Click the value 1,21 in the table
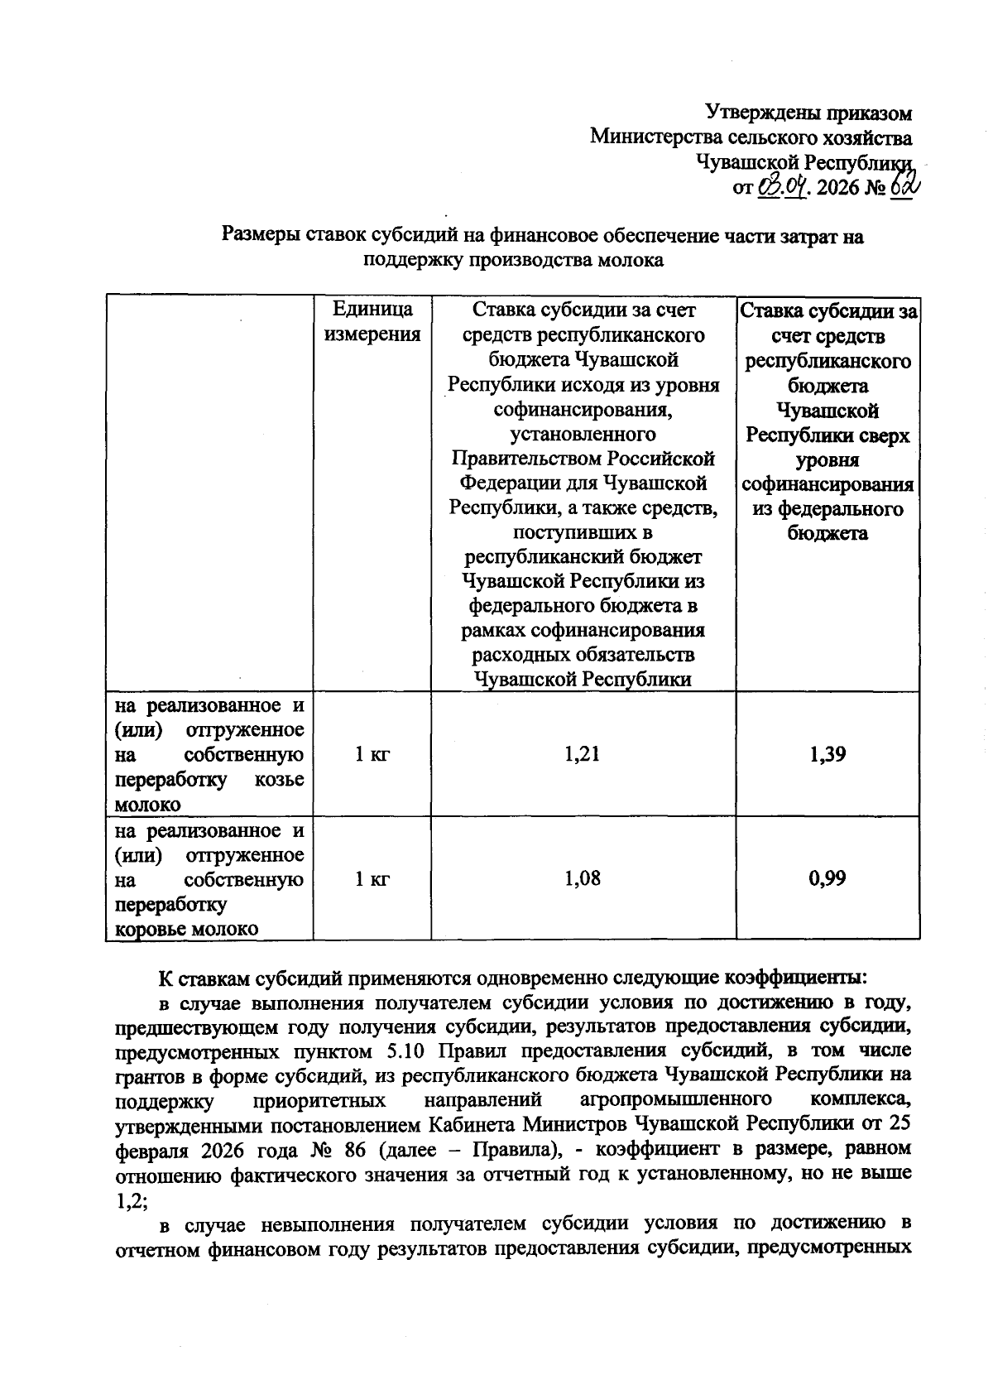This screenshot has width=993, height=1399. coord(583,754)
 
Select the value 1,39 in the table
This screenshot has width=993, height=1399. coord(827,754)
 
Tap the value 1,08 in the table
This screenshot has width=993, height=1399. coord(583,878)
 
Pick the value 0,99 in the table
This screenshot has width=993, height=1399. coord(827,878)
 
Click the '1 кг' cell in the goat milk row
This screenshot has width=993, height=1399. coord(372,754)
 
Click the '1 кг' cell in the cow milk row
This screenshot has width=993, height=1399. coord(372,878)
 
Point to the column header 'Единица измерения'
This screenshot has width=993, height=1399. coord(372,322)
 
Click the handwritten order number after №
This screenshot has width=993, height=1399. coord(904,186)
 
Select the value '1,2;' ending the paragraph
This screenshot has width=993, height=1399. coord(131,1199)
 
